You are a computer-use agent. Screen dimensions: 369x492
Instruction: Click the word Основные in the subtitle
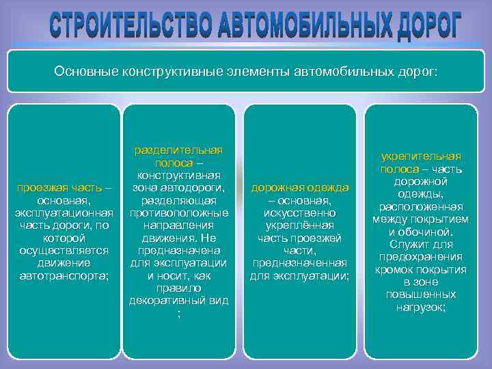[x=85, y=71]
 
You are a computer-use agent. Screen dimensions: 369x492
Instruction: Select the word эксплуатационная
[x=64, y=213]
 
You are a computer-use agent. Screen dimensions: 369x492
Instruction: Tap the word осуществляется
[x=64, y=251]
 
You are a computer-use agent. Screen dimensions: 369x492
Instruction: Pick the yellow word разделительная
[x=179, y=150]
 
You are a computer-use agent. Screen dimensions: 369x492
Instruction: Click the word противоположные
[x=179, y=213]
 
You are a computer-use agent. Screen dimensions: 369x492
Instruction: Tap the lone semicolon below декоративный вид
[x=179, y=314]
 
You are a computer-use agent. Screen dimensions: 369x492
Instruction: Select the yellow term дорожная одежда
[x=300, y=188]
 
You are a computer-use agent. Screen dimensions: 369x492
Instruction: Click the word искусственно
[x=300, y=213]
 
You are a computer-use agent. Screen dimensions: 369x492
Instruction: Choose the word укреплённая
[x=300, y=225]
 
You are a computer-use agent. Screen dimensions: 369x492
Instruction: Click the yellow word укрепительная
[x=421, y=156]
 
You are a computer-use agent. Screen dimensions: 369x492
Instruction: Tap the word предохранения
[x=421, y=257]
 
